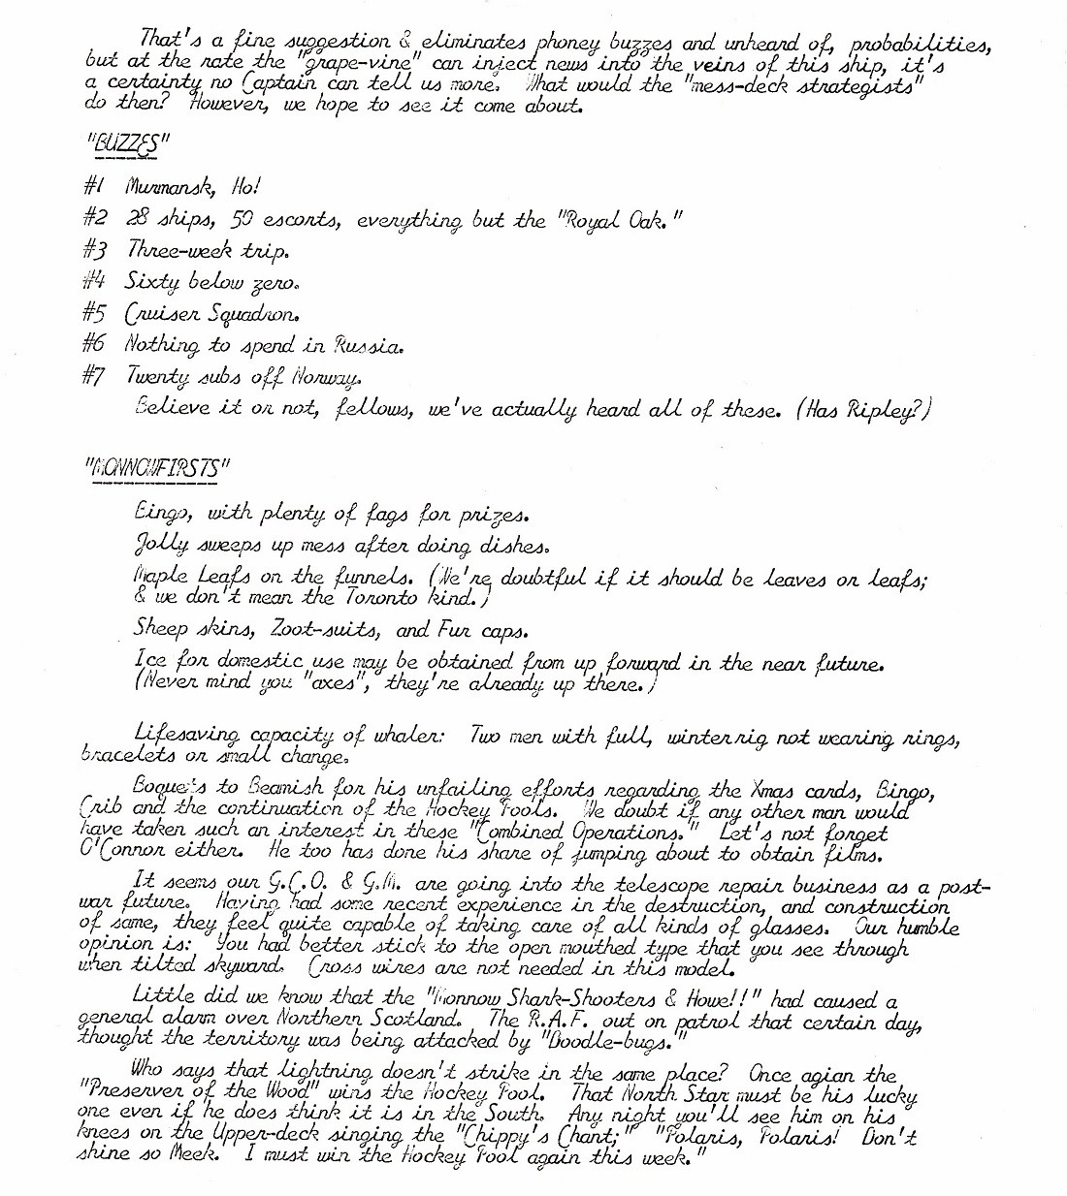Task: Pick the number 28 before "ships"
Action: tap(136, 220)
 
